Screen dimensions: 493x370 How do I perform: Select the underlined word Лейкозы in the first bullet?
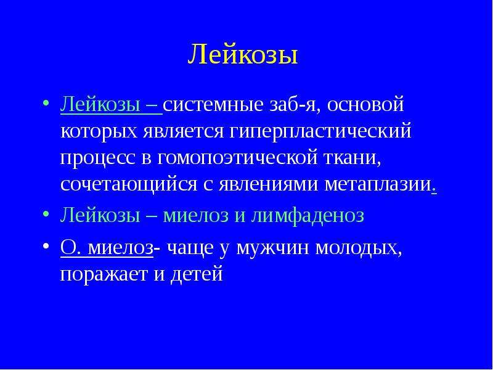click(100, 105)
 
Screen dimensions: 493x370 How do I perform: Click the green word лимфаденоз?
click(307, 216)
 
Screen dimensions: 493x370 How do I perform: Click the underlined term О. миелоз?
click(107, 249)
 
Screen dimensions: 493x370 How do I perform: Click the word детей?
click(197, 275)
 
